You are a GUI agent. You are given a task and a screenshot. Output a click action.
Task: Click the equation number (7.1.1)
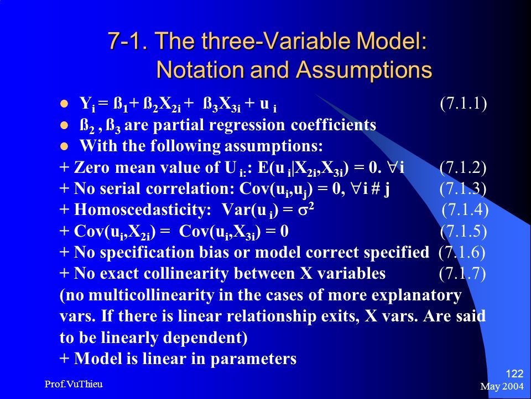coord(464,103)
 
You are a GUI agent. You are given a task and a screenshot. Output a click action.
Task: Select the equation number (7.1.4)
coord(465,209)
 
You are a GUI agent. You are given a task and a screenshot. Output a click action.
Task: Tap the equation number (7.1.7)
coord(462,273)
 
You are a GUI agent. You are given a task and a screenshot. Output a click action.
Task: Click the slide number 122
coord(515,374)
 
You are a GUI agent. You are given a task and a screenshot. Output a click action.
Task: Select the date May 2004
coord(502,386)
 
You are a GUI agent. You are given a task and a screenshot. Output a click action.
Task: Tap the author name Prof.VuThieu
coord(74,384)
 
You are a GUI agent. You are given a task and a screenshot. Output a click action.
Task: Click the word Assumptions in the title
coord(364,70)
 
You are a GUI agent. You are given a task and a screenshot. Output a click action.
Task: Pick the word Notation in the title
coord(200,70)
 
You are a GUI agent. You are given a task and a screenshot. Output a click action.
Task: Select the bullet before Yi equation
coord(64,104)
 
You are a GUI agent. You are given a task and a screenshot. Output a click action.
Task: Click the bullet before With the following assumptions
coord(64,146)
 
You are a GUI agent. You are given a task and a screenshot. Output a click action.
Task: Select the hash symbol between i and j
coord(375,188)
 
